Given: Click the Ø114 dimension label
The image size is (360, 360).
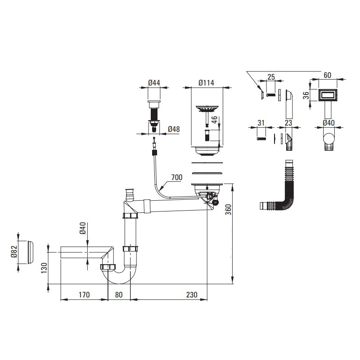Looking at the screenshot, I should tap(206, 83).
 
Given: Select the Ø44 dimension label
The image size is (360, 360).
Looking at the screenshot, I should tap(154, 83).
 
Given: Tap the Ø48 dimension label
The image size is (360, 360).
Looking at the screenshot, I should tap(174, 129).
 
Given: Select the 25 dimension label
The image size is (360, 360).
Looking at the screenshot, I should tap(271, 77).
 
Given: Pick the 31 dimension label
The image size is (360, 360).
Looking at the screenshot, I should tap(261, 123).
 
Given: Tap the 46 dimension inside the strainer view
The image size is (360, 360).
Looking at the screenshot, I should tap(215, 120).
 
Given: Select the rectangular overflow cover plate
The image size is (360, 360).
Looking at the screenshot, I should tap(328, 95).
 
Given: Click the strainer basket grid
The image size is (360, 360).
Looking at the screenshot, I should tap(206, 108).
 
